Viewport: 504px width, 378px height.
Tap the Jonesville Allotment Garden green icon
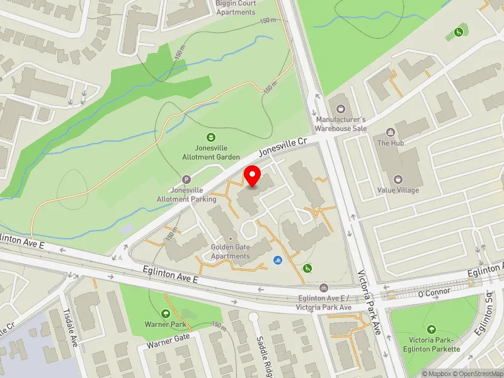(212, 137)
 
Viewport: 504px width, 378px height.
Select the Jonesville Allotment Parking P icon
(186, 180)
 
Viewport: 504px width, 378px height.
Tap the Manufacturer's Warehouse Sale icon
(341, 108)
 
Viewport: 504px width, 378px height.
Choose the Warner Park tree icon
(166, 313)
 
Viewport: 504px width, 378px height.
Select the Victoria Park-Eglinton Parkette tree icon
(432, 329)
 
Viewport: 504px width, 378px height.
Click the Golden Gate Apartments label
(231, 251)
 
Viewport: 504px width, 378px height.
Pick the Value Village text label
(398, 190)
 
